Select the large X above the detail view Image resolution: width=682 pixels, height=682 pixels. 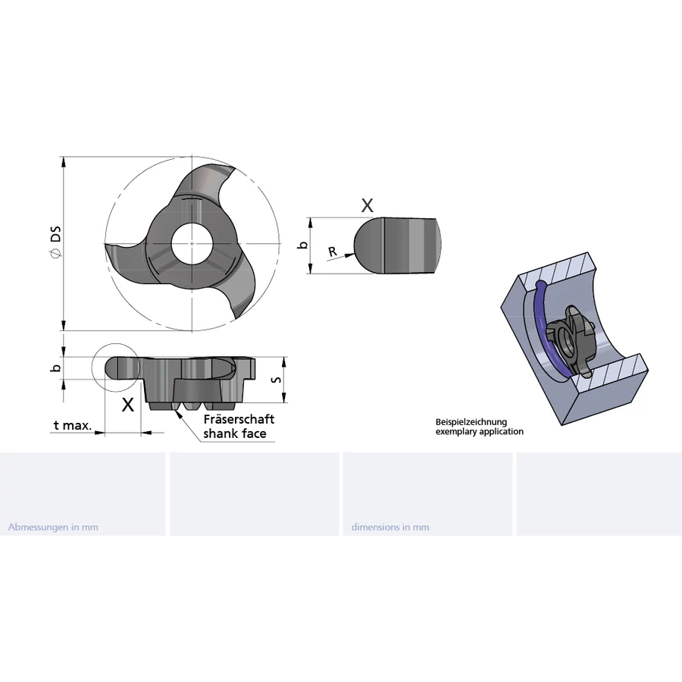367,205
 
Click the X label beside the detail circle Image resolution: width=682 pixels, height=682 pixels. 128,404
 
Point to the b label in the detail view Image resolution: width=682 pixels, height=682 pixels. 302,245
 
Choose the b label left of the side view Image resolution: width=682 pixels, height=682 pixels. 55,368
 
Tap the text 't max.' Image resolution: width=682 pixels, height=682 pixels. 73,426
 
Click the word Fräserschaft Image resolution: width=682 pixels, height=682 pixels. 239,419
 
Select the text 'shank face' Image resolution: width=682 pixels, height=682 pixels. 234,434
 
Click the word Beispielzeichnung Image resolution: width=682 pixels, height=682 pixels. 471,422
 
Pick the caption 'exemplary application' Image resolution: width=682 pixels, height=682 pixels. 479,432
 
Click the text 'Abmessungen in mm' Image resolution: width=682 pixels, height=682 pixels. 53,527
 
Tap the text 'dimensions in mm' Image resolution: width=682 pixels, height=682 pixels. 390,527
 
